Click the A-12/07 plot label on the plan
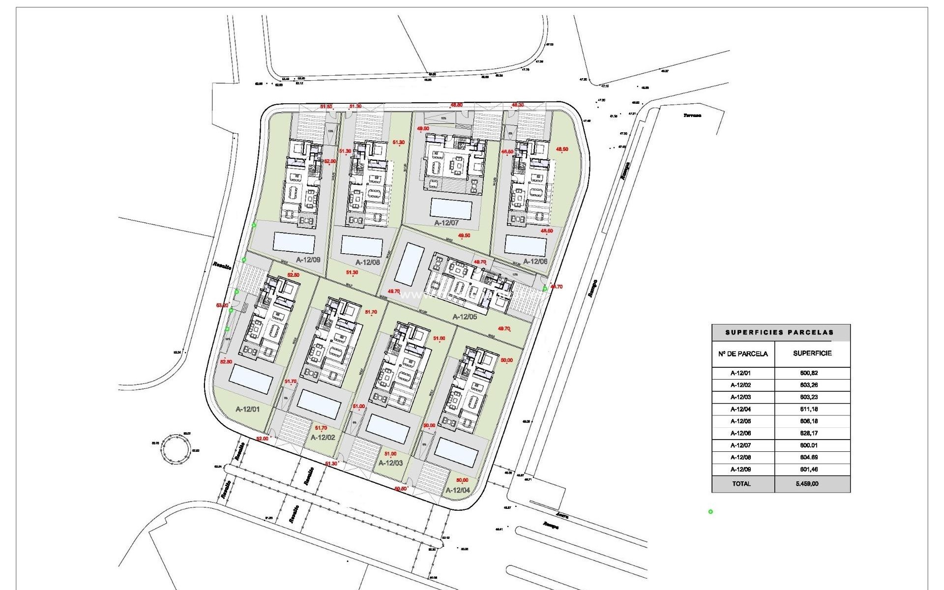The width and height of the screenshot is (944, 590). (446, 223)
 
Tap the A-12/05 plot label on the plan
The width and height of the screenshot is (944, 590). (465, 317)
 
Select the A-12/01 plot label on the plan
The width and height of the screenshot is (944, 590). (247, 409)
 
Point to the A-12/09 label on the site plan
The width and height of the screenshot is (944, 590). (308, 260)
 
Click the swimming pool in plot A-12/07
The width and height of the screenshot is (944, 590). (450, 208)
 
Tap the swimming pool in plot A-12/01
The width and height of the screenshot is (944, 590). (251, 379)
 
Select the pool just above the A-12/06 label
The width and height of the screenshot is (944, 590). (525, 245)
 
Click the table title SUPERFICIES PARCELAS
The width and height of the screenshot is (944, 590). (780, 332)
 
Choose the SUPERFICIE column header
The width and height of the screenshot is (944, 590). (812, 353)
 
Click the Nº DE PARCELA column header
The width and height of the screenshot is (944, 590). (743, 354)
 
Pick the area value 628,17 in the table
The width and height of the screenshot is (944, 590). (809, 433)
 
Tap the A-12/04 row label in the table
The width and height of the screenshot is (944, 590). (740, 409)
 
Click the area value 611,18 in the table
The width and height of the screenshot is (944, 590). (809, 409)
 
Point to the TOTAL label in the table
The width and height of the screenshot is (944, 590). (741, 484)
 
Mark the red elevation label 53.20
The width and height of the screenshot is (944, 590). (222, 305)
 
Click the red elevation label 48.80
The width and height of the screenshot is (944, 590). (457, 105)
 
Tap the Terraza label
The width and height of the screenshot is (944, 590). (692, 116)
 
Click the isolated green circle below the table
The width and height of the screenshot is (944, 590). (710, 512)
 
